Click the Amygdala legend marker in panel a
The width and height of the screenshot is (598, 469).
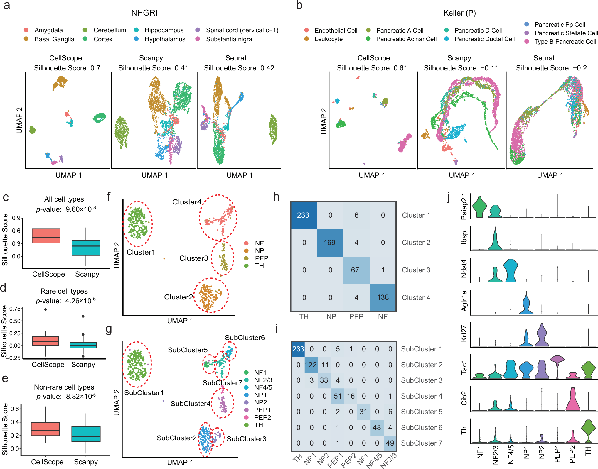click(x=26, y=30)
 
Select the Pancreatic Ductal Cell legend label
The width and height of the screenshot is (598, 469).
click(x=484, y=39)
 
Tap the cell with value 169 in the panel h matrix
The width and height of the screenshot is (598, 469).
click(x=330, y=243)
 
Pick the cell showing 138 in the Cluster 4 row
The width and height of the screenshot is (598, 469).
click(x=383, y=297)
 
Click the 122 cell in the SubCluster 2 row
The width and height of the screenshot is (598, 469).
click(x=311, y=365)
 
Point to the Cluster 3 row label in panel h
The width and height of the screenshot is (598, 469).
click(x=416, y=270)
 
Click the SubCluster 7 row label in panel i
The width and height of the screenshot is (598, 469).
click(x=421, y=443)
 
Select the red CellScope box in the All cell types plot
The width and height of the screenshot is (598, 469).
click(x=46, y=236)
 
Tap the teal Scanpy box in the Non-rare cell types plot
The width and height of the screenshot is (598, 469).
click(x=86, y=434)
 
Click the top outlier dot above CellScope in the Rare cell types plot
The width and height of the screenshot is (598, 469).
click(x=46, y=309)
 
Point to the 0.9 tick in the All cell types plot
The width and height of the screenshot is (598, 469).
click(x=16, y=218)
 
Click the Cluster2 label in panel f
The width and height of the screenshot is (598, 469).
click(x=178, y=297)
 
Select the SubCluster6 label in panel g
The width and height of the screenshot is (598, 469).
click(x=245, y=338)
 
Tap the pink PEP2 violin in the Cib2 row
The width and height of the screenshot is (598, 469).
click(x=572, y=400)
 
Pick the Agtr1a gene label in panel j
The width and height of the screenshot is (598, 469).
click(x=464, y=301)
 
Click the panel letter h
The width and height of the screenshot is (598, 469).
click(x=276, y=197)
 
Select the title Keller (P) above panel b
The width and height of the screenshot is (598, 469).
click(x=459, y=13)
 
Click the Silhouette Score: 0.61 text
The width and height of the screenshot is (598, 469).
click(x=372, y=68)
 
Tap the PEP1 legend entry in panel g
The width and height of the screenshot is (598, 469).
click(x=262, y=410)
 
